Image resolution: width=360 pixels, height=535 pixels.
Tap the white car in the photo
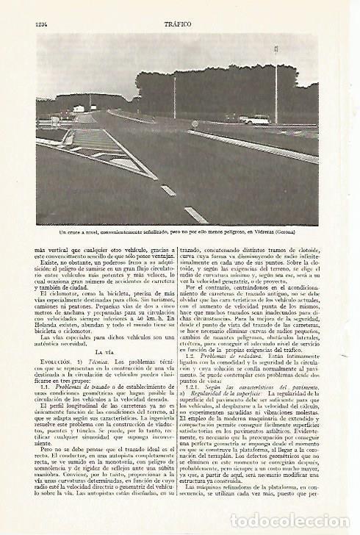(256, 120)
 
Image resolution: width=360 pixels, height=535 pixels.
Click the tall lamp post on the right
(276, 81)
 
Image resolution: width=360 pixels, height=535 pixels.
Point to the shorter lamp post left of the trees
(176, 96)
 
